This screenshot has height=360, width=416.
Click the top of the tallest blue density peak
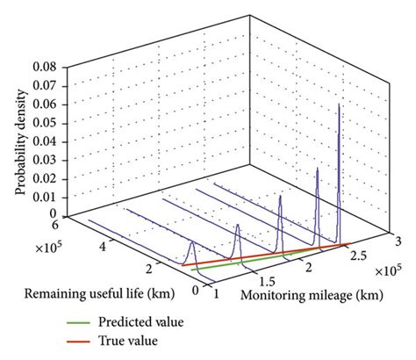point(340,104)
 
